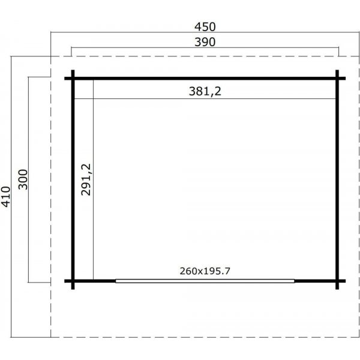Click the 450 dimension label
pyautogui.click(x=205, y=26)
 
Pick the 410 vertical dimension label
pyautogui.click(x=6, y=196)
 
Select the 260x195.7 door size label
pyautogui.click(x=205, y=271)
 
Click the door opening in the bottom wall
pyautogui.click(x=205, y=280)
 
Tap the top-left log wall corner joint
pyautogui.click(x=73, y=78)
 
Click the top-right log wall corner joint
pyautogui.click(x=337, y=78)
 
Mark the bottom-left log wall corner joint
pyautogui.click(x=73, y=280)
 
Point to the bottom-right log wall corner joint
pyautogui.click(x=337, y=280)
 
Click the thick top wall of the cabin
pyautogui.click(x=205, y=78)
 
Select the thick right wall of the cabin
pyautogui.click(x=337, y=179)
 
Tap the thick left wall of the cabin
pyautogui.click(x=73, y=179)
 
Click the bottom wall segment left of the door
pyautogui.click(x=95, y=280)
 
